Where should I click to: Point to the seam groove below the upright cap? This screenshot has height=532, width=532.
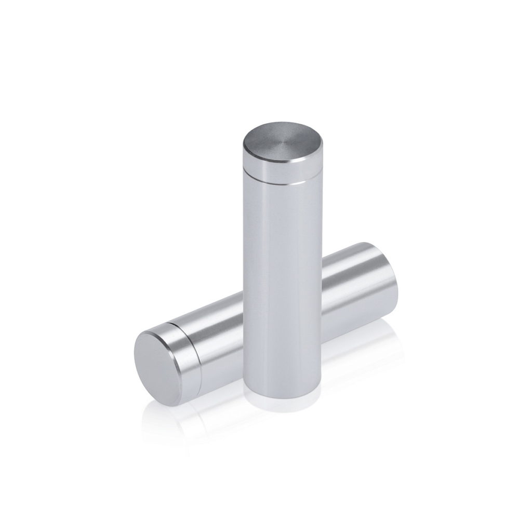(x=274, y=182)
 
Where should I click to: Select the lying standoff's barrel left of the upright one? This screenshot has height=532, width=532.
(x=218, y=332)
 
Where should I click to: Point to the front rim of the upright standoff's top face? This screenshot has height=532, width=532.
(x=274, y=164)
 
